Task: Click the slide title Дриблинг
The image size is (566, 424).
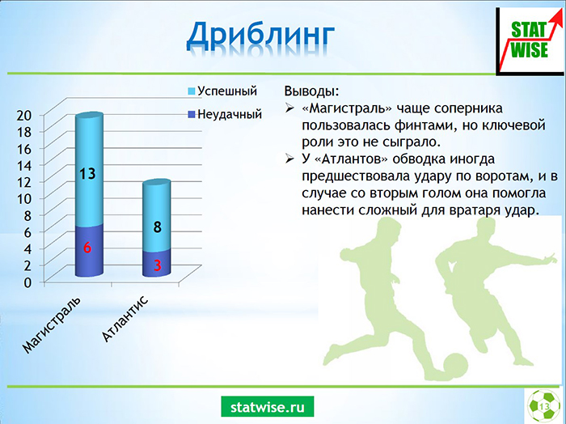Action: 260,36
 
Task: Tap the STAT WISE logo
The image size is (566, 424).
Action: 530,40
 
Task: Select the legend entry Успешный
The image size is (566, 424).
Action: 222,91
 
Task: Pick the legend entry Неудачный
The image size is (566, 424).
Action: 225,114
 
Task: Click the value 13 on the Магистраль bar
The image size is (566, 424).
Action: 87,174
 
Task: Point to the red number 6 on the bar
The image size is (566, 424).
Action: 87,248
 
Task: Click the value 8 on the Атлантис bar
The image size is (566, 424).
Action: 157,227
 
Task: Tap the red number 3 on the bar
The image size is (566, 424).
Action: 158,265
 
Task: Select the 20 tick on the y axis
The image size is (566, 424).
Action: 24,115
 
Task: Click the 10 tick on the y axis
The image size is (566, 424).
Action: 24,198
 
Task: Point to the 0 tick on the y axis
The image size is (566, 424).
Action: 28,282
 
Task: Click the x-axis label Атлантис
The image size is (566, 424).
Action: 125,318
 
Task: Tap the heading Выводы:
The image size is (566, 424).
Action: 311,91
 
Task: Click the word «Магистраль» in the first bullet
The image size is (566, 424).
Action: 347,108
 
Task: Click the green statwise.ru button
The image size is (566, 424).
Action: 268,407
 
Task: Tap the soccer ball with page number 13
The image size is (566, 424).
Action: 544,406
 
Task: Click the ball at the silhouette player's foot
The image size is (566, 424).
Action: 455,366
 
